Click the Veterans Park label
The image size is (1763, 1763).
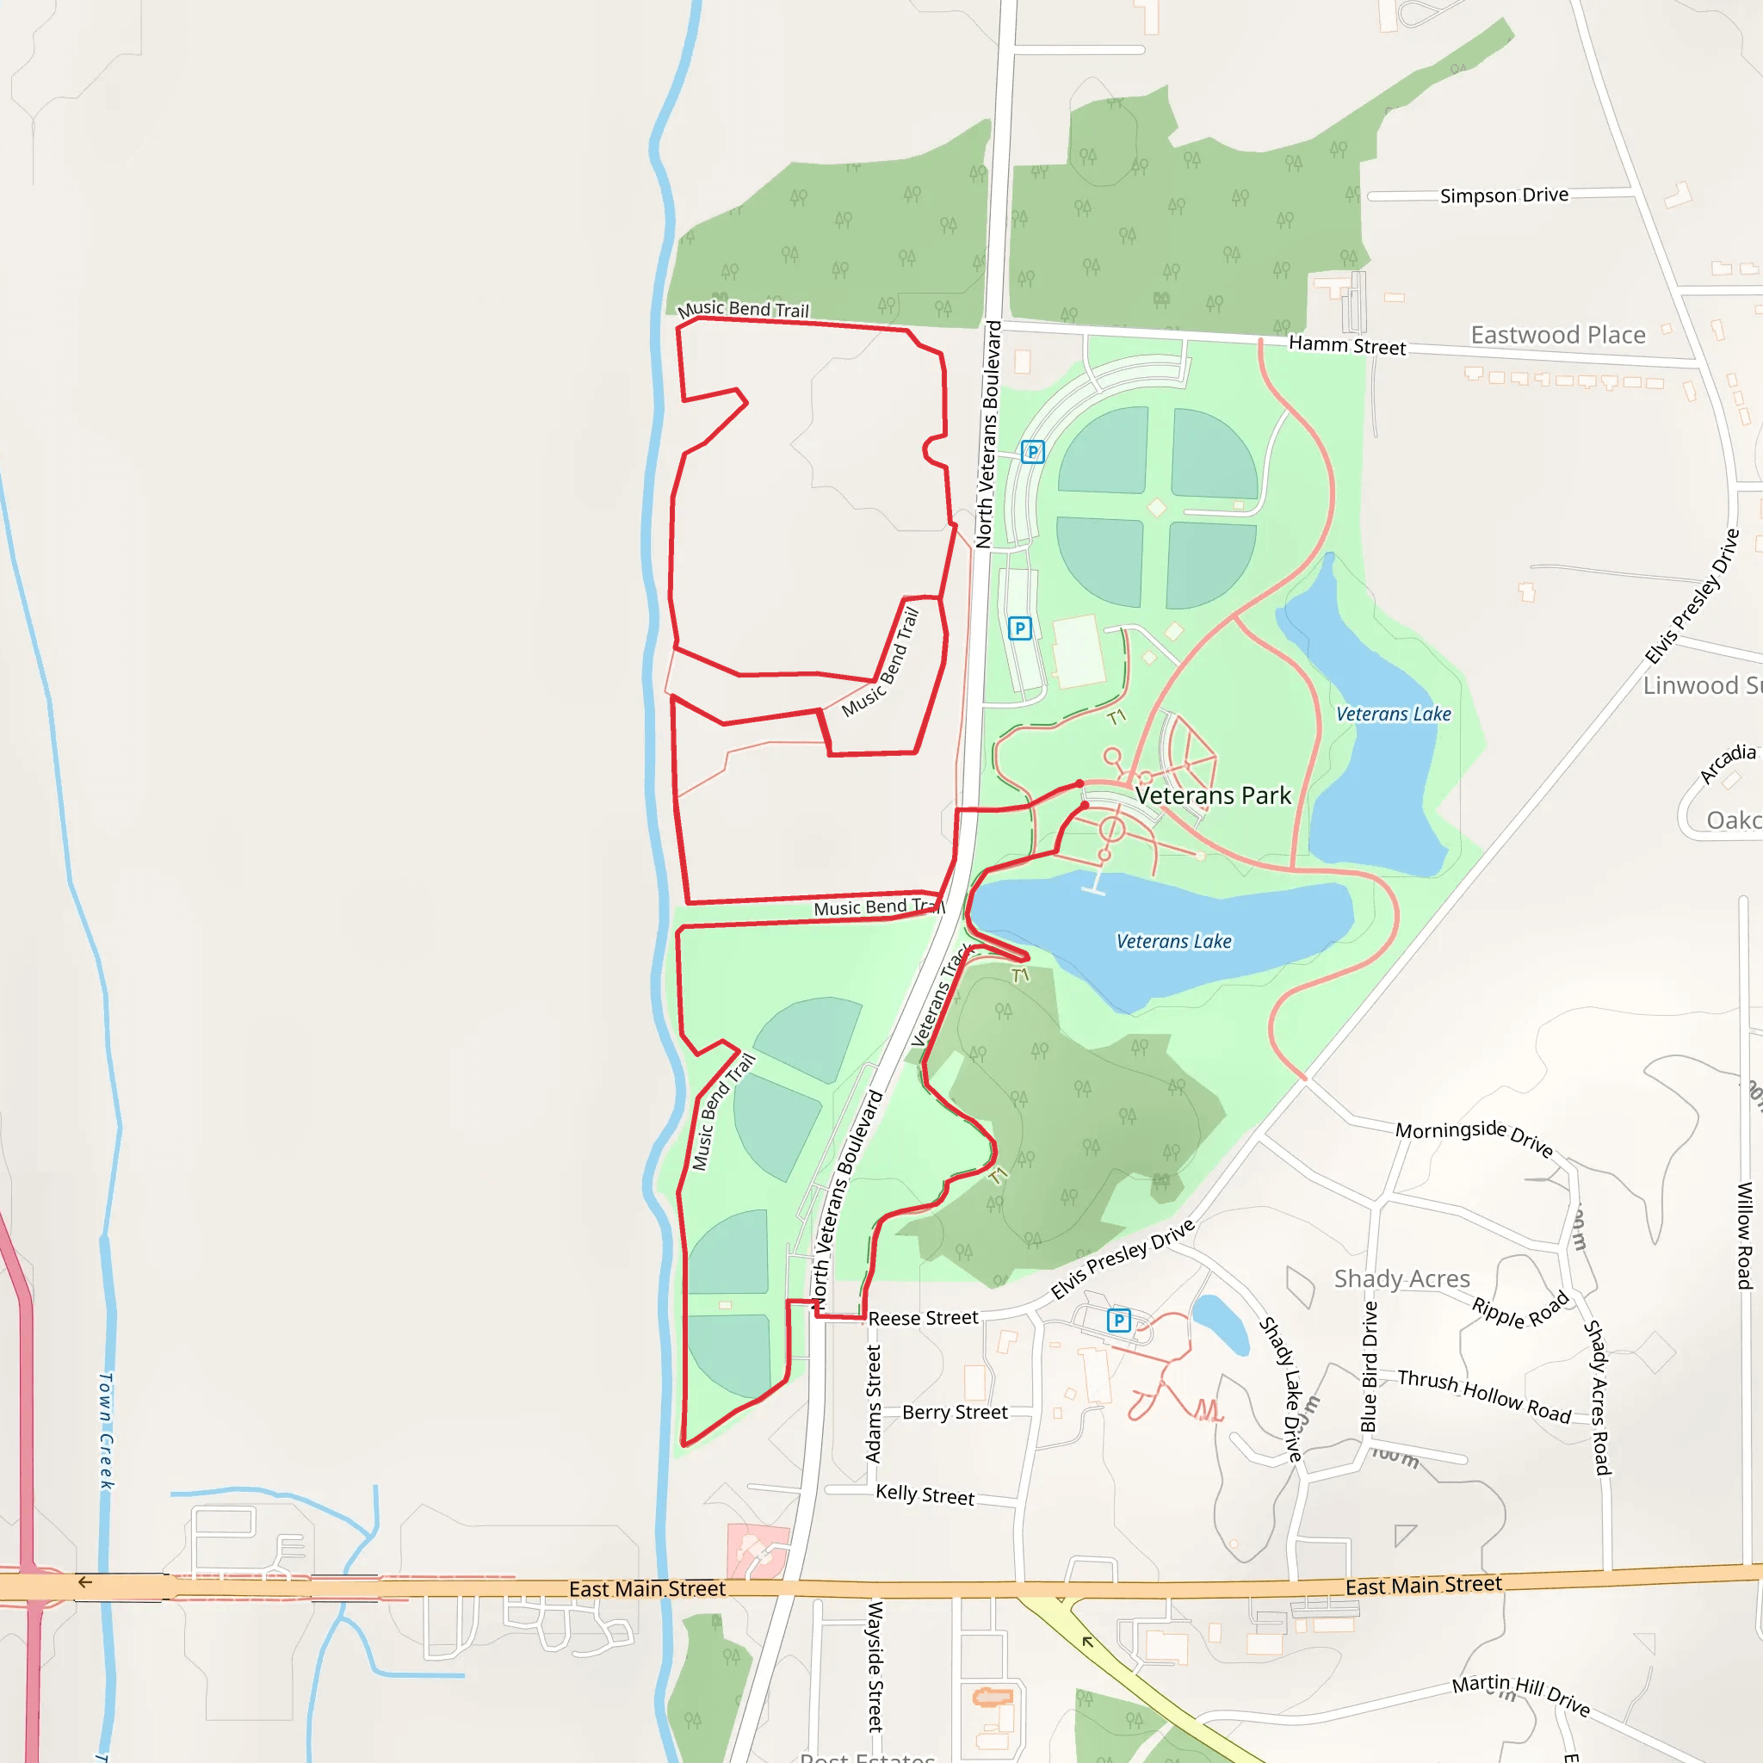[x=1213, y=795]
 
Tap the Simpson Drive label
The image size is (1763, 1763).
[x=1504, y=195]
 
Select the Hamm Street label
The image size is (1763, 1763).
[x=1347, y=346]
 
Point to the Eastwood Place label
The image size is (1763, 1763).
[x=1557, y=335]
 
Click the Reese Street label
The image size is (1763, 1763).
[x=923, y=1319]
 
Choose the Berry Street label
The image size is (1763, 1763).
[x=955, y=1413]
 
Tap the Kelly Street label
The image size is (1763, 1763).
[x=925, y=1494]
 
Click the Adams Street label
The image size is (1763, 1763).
[x=873, y=1404]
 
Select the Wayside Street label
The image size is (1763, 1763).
[x=875, y=1666]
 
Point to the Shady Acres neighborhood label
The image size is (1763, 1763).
[x=1401, y=1278]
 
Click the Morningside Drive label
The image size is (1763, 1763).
[x=1474, y=1136]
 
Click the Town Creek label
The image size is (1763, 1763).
[x=107, y=1431]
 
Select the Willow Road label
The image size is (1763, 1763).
[x=1745, y=1235]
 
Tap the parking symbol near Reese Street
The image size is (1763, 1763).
[x=1119, y=1320]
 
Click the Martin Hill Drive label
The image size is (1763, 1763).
[x=1521, y=1694]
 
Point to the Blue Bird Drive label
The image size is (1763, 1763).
[x=1369, y=1366]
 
